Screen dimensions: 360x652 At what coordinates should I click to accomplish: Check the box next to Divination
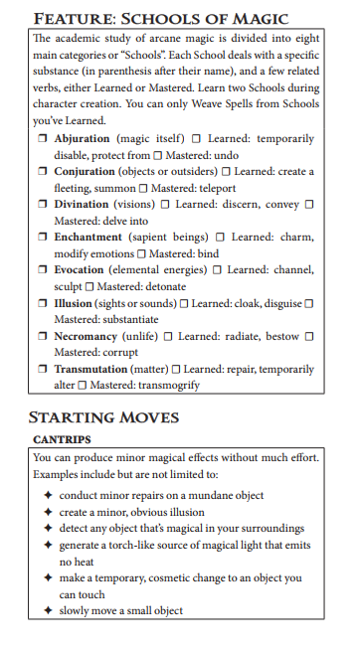coord(44,205)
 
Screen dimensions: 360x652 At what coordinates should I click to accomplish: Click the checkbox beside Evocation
coord(44,270)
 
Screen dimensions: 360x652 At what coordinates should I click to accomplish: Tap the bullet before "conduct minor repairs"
coord(48,495)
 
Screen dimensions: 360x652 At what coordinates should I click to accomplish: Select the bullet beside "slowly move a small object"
coord(48,610)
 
